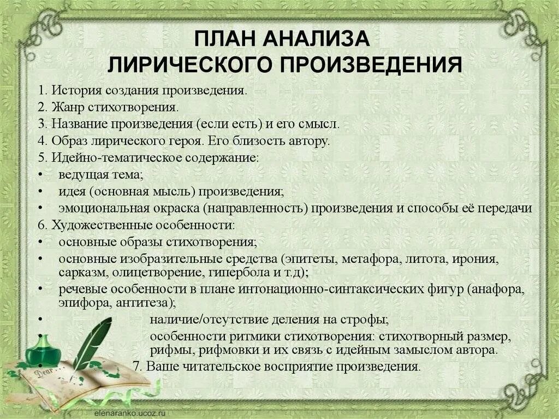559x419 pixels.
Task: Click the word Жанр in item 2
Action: (x=66, y=107)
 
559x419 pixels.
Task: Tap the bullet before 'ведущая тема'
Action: (x=41, y=175)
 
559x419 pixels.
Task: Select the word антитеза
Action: (x=148, y=302)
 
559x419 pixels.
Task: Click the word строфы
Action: (x=369, y=319)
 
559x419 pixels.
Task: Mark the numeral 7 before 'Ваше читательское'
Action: (x=136, y=367)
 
